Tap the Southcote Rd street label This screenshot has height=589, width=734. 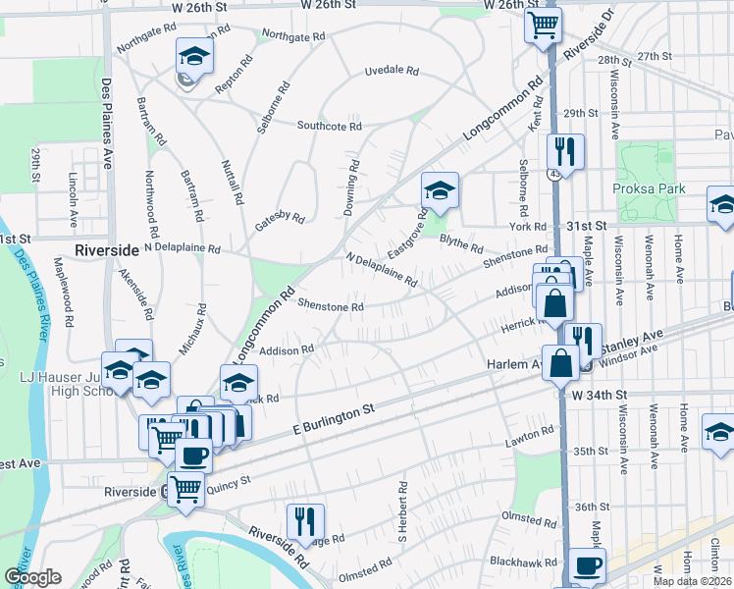pyautogui.click(x=330, y=127)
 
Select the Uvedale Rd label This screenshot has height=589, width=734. pyautogui.click(x=392, y=72)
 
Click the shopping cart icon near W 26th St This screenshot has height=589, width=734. pyautogui.click(x=542, y=24)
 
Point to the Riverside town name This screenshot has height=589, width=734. pyautogui.click(x=107, y=250)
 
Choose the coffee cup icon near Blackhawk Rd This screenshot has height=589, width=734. pyautogui.click(x=587, y=565)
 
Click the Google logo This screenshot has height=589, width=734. pyautogui.click(x=32, y=577)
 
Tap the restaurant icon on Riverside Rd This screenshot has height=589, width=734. pyautogui.click(x=305, y=521)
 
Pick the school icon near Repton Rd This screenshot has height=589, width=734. pyautogui.click(x=194, y=55)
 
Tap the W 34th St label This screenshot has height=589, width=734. pyautogui.click(x=599, y=395)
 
